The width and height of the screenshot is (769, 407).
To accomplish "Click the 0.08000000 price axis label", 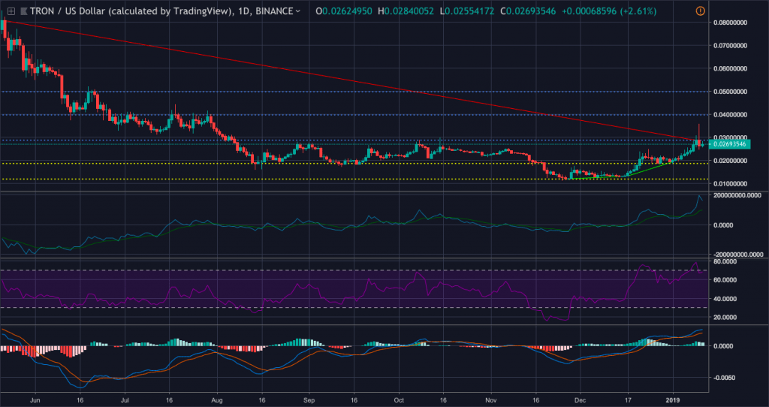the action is pos(728,23).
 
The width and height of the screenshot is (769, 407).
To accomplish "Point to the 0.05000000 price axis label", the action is pos(728,92).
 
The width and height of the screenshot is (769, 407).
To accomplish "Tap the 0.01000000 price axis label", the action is pos(728,184).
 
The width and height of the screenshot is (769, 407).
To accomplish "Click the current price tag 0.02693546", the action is pos(730,144).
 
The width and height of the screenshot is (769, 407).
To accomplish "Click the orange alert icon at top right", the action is pos(701,11).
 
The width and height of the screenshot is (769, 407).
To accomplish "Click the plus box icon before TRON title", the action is pos(11,11).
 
